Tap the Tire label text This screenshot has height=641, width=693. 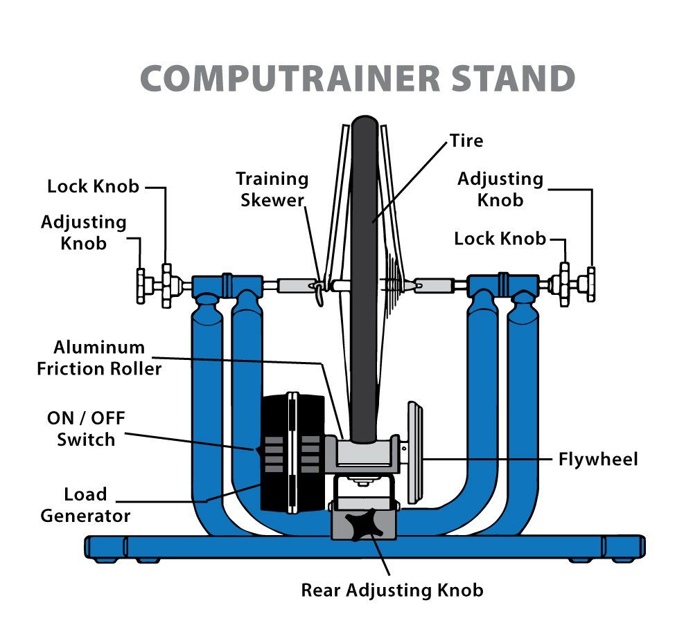[x=466, y=141]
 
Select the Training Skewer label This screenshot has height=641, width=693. [x=272, y=189]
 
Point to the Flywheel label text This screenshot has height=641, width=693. [x=597, y=459]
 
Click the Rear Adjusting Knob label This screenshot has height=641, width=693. [x=392, y=590]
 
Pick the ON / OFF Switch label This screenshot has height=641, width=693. [x=81, y=428]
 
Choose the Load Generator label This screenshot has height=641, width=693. [x=85, y=505]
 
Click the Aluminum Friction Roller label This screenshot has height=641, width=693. [x=99, y=357]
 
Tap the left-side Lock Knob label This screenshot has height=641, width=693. [x=93, y=186]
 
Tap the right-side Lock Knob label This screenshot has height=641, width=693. [x=499, y=239]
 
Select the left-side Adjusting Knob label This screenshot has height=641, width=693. [x=83, y=233]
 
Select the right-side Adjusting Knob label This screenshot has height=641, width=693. [x=500, y=189]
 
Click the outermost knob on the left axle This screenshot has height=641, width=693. [x=142, y=285]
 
